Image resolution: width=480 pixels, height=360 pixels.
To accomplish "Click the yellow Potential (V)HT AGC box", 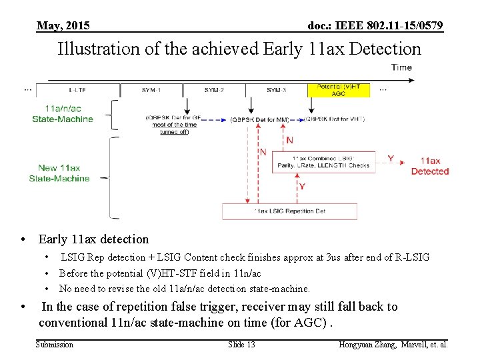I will point(338,90).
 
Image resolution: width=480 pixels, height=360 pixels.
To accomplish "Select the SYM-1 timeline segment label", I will point(151,90).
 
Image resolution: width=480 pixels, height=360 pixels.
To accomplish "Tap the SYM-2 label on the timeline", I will point(214,90).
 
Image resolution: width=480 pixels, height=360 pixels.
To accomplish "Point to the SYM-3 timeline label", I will point(276,90).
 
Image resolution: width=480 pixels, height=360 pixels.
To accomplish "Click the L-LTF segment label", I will point(77,90).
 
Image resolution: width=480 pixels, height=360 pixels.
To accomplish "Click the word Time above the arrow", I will point(401,67).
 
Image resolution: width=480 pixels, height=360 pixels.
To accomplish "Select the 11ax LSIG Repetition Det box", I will point(289,211).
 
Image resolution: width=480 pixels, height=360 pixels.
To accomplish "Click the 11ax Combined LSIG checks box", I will point(323,162).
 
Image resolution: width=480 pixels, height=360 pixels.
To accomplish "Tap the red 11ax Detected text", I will point(430,166).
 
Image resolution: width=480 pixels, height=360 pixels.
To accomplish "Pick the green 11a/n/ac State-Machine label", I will point(63,114).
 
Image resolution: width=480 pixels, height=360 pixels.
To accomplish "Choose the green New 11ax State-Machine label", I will point(59,173).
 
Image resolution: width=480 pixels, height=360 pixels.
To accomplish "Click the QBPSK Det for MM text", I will point(259,120).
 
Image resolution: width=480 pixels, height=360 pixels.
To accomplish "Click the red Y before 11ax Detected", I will point(391,159).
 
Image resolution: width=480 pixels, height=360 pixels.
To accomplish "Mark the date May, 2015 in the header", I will point(63,26).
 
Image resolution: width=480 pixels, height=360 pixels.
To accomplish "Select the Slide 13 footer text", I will point(241,345).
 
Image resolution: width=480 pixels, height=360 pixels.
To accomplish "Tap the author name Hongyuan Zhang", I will point(369,345).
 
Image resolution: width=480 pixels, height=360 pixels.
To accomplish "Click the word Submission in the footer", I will point(55,345).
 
